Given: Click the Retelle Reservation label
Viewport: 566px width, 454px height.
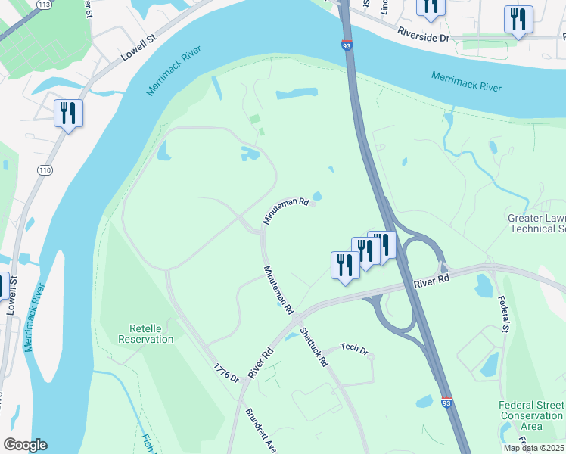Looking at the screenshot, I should tap(146, 334).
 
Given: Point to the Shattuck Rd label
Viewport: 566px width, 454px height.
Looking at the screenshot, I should tap(313, 347).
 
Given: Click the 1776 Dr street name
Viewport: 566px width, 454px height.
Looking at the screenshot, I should tap(225, 372).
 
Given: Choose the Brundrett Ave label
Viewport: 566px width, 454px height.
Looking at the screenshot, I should tap(261, 431).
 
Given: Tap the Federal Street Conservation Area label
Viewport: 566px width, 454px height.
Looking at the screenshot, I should tap(531, 415).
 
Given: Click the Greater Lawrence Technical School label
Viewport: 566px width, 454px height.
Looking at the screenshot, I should tap(536, 223).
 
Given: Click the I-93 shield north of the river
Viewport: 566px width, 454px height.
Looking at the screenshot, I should tap(347, 46).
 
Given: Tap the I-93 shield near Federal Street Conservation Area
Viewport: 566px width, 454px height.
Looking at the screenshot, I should tap(447, 403).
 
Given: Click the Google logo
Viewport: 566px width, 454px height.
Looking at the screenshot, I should tap(25, 445).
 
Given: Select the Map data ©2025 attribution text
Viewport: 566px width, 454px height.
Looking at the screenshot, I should tap(534, 448).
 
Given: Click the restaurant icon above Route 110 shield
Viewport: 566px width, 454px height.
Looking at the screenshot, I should tap(69, 113).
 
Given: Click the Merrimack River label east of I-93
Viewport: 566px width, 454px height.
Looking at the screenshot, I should tap(466, 81).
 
